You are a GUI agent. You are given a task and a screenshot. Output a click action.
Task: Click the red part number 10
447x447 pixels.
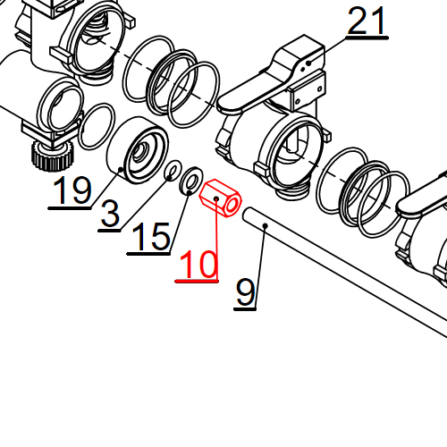198,265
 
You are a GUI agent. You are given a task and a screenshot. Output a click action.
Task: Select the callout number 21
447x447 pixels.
368,22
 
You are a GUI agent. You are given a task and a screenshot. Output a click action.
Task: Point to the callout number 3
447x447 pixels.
110,215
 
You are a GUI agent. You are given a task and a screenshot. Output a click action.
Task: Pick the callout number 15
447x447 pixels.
149,237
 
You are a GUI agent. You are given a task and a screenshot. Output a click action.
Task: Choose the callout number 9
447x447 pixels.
245,292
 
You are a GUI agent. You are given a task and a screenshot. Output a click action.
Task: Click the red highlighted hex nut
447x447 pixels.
220,199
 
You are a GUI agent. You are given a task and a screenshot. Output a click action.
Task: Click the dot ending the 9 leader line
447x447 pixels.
266,227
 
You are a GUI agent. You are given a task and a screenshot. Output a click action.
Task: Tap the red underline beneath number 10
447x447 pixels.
198,281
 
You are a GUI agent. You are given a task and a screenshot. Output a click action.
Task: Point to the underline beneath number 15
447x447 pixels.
148,253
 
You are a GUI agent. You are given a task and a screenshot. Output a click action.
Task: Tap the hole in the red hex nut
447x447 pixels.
230,207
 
